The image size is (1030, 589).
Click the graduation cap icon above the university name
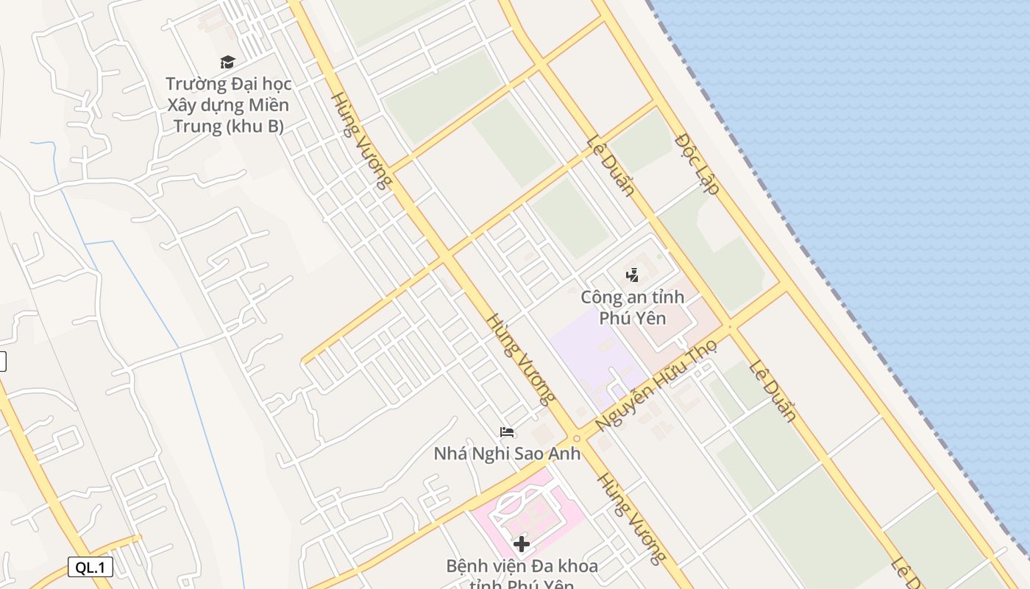[227, 63]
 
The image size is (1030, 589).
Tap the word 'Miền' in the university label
[267, 105]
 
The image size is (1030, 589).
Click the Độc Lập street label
[697, 163]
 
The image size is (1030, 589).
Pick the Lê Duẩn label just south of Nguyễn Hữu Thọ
[773, 391]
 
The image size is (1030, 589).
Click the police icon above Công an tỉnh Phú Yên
[632, 275]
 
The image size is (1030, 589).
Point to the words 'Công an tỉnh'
[632, 297]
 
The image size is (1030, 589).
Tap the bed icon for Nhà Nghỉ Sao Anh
[506, 432]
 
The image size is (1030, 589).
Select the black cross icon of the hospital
[522, 544]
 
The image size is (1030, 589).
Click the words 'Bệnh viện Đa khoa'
[522, 566]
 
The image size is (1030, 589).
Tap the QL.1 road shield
[90, 567]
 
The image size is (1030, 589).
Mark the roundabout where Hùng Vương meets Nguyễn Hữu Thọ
[576, 439]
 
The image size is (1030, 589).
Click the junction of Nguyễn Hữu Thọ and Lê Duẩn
[730, 327]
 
